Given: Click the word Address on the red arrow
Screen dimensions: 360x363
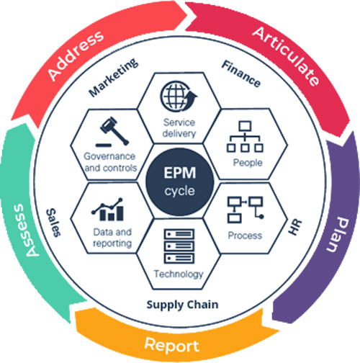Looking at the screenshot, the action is (76, 55).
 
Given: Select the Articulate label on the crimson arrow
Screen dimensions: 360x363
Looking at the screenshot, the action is (287, 55).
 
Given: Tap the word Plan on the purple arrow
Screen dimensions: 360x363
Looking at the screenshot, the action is (338, 235).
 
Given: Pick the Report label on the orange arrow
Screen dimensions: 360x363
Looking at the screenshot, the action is (172, 345).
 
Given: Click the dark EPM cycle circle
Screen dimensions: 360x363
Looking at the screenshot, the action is (179, 181).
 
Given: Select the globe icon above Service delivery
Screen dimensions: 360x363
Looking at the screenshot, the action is (179, 96).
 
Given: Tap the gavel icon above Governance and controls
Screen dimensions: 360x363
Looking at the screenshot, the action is (112, 132).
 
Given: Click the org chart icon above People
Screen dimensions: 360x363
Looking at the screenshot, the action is (245, 137).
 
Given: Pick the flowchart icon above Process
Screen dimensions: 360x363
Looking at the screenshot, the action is (246, 210).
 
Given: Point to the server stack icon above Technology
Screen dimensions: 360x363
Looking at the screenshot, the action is (179, 246).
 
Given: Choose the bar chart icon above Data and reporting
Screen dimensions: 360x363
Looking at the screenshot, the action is (107, 210).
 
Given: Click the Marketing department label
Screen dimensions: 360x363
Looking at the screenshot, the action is (113, 77).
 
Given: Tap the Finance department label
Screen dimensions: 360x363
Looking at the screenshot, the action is (241, 73).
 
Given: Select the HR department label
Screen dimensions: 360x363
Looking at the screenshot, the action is (295, 227).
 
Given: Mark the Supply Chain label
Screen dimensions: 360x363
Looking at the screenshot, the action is (182, 305).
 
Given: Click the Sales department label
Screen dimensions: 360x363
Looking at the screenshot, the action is (53, 223).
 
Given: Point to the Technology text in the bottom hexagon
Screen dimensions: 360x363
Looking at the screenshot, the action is (179, 274).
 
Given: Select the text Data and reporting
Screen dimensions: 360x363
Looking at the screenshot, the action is (112, 238).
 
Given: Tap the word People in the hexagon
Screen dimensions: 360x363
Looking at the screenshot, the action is (248, 163).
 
